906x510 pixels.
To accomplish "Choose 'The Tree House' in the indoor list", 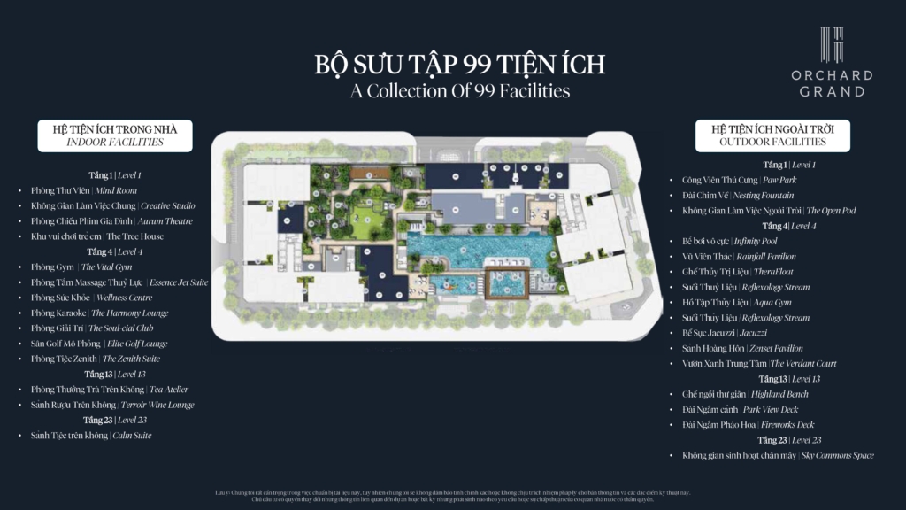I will coord(97,236).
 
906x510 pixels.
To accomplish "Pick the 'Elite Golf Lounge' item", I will coord(99,344).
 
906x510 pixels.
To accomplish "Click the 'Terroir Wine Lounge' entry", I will coord(112,405).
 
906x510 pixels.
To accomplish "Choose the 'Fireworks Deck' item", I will coord(748,425).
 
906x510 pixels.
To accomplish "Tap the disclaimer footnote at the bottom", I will coord(452,496).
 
